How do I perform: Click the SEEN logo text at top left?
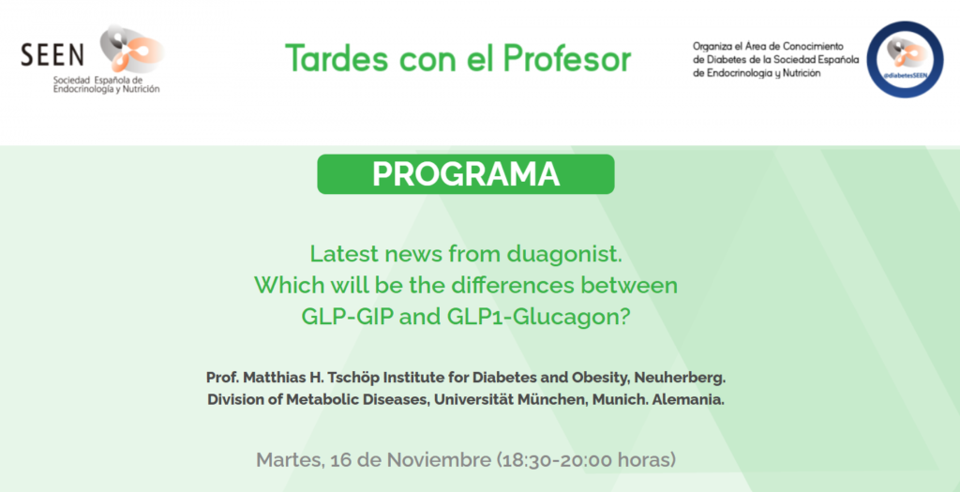point(52,55)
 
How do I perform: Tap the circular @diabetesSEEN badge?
point(905,59)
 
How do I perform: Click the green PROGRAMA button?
point(465,174)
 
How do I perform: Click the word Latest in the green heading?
point(338,253)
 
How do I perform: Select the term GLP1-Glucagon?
point(538,317)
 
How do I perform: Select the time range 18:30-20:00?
point(563,459)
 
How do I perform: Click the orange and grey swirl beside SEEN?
point(131,49)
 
